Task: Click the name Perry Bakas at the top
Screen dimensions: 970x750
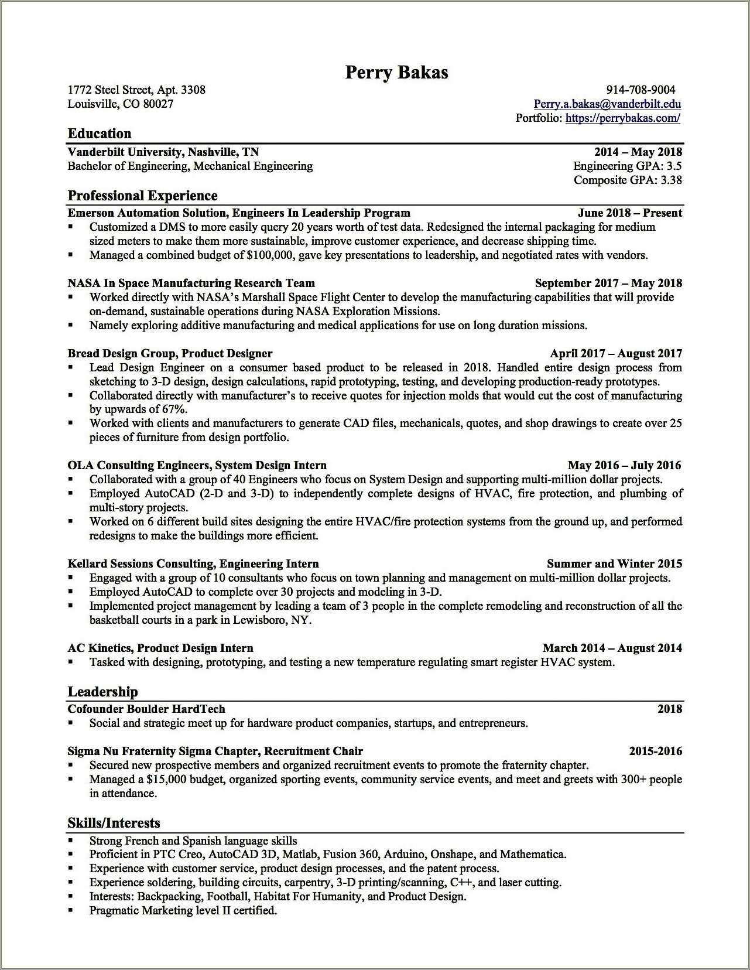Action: click(x=396, y=72)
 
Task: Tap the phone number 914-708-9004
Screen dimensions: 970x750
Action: click(x=641, y=90)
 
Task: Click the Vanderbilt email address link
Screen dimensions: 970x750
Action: click(x=607, y=104)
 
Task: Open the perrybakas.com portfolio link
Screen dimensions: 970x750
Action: click(x=623, y=118)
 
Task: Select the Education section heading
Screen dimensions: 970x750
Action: click(x=100, y=134)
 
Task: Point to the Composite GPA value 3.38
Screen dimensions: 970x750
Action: click(x=671, y=180)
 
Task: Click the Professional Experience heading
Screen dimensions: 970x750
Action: click(x=142, y=196)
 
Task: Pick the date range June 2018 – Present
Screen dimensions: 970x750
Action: click(x=629, y=213)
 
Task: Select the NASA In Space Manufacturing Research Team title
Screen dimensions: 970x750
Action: click(x=191, y=283)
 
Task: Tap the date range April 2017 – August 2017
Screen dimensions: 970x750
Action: click(x=616, y=353)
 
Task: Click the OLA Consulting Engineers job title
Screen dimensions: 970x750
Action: click(x=197, y=465)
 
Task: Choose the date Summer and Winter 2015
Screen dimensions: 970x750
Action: click(x=614, y=563)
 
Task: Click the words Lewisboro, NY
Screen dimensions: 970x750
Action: click(x=272, y=620)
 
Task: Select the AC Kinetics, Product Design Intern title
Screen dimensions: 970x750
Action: click(x=160, y=648)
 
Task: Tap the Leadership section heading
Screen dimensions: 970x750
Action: click(x=102, y=692)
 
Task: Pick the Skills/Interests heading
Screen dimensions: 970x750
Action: click(x=114, y=823)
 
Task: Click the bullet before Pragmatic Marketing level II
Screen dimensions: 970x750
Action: click(x=71, y=910)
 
